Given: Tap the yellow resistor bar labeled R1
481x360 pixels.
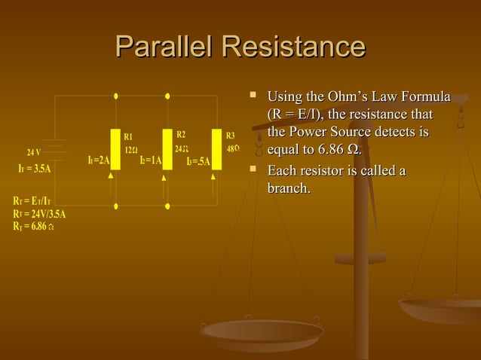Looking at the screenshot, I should (115, 149).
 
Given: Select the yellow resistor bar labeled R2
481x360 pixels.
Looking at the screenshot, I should (167, 149).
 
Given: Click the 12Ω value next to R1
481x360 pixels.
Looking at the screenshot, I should (130, 149).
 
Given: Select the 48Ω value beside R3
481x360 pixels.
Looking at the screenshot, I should (233, 148).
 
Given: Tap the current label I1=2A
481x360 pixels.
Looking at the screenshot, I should (99, 160).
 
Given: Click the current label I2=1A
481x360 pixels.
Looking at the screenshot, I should (151, 160).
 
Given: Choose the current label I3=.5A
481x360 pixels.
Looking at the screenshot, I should (198, 161).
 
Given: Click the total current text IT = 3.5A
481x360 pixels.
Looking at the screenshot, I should (34, 168).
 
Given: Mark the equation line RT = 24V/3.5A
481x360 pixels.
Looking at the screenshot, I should (38, 213).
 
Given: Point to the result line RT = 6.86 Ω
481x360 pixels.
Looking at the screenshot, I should (32, 225).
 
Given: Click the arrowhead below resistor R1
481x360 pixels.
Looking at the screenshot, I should (111, 175).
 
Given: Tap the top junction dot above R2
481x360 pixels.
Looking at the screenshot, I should (167, 96).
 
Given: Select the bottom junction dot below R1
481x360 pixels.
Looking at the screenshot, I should (115, 205).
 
